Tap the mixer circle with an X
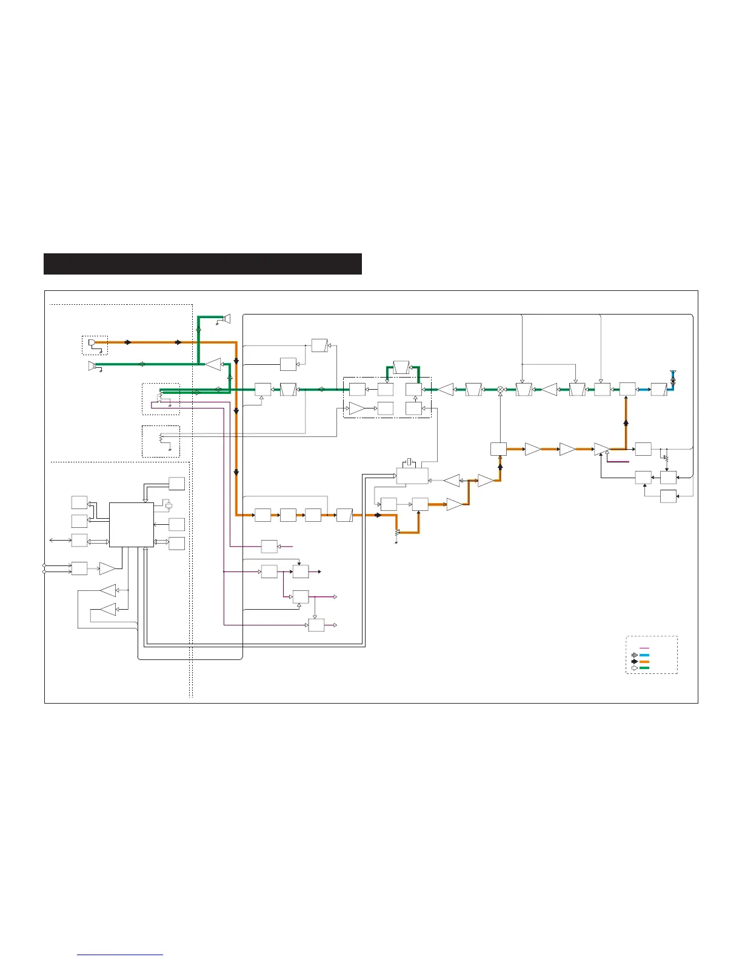coord(501,389)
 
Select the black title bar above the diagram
coord(202,264)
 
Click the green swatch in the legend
coord(644,668)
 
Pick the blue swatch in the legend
coord(644,655)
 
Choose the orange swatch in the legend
coord(644,662)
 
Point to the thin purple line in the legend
coord(644,648)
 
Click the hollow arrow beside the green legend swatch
coord(634,668)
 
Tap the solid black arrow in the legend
coord(634,662)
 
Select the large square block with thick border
coord(132,525)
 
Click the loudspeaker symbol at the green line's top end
coord(227,318)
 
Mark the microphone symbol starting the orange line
coord(92,343)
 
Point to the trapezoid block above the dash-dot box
coord(401,367)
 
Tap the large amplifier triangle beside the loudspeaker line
coord(213,364)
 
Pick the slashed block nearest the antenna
coord(658,389)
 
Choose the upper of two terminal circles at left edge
coord(44,565)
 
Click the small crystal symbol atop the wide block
coord(410,463)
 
